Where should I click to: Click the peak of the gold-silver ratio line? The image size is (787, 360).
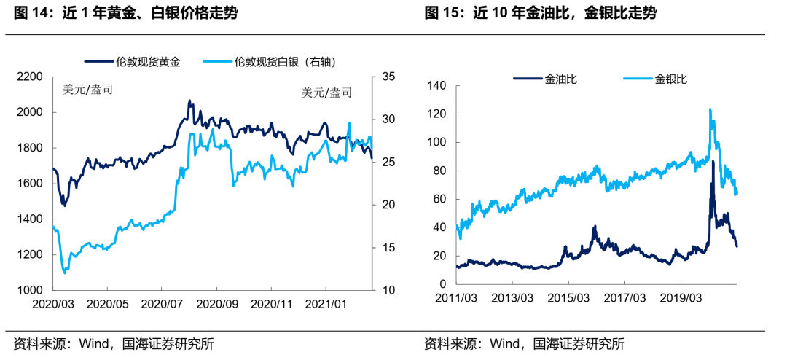point(710,109)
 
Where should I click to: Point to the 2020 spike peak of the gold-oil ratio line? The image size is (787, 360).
point(712,162)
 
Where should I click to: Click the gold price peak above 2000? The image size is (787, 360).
point(189,101)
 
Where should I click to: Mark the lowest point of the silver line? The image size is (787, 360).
point(66,273)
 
